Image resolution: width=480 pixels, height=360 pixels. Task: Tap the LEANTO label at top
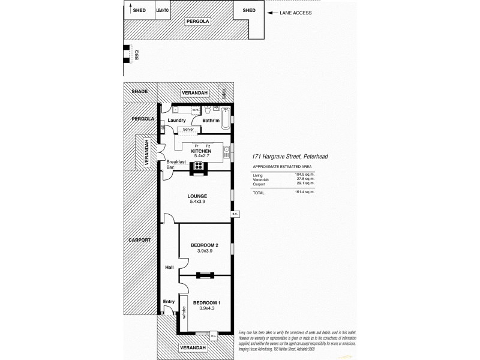click(163, 10)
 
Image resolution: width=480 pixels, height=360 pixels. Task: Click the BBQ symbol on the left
click(127, 54)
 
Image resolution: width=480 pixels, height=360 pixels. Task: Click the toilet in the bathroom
click(207, 110)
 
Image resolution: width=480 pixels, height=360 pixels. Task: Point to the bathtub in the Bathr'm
click(224, 118)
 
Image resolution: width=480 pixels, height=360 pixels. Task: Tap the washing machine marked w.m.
click(196, 110)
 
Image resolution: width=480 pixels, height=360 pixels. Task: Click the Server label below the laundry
click(188, 130)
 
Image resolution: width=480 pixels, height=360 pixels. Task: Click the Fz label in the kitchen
click(208, 146)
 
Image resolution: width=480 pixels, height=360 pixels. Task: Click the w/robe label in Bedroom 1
click(182, 312)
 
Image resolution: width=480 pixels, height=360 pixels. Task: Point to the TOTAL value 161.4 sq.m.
click(306, 192)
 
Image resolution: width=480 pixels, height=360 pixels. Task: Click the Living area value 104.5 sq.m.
click(306, 175)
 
